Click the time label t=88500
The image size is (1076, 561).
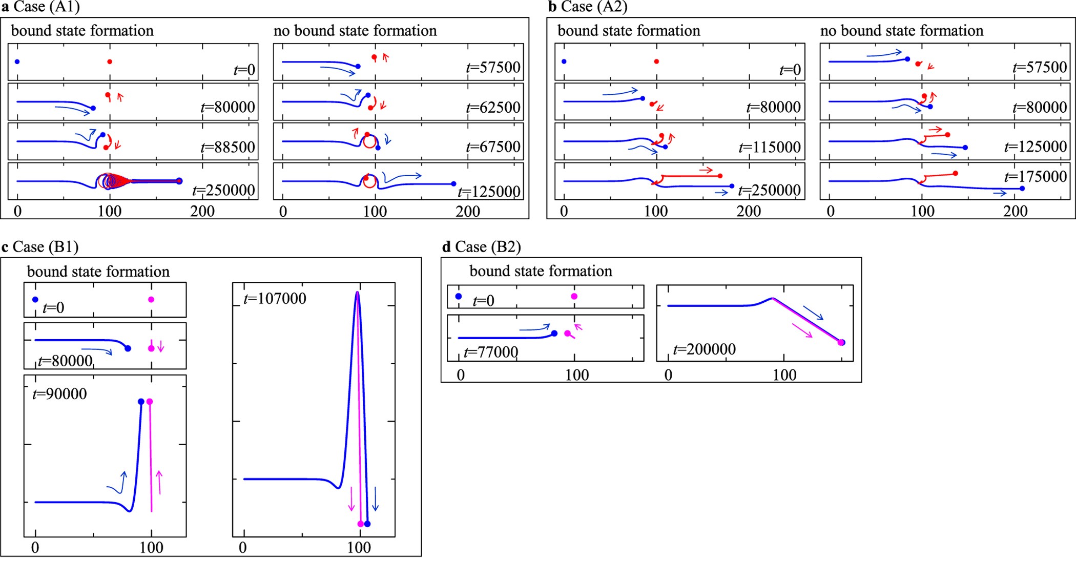tap(227, 147)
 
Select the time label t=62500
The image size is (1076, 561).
tap(493, 108)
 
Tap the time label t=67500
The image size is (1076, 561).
tap(493, 147)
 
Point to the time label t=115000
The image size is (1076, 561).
tap(770, 148)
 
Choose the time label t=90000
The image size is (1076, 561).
tap(59, 394)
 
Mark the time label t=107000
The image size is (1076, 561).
tap(275, 298)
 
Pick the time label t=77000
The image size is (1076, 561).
tap(491, 352)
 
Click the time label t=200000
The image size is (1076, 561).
tap(705, 349)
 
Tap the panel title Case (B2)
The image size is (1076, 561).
tap(487, 247)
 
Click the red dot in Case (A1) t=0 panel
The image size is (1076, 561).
tap(110, 62)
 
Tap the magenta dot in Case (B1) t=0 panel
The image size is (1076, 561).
tap(151, 299)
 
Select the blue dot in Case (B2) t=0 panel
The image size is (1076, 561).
tap(459, 296)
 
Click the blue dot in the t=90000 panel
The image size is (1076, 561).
tap(141, 402)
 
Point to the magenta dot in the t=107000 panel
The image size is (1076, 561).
tap(360, 524)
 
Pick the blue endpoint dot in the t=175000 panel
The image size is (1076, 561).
tap(1022, 189)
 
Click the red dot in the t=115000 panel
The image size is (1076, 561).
tap(661, 136)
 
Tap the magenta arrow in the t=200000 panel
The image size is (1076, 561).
tap(802, 330)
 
